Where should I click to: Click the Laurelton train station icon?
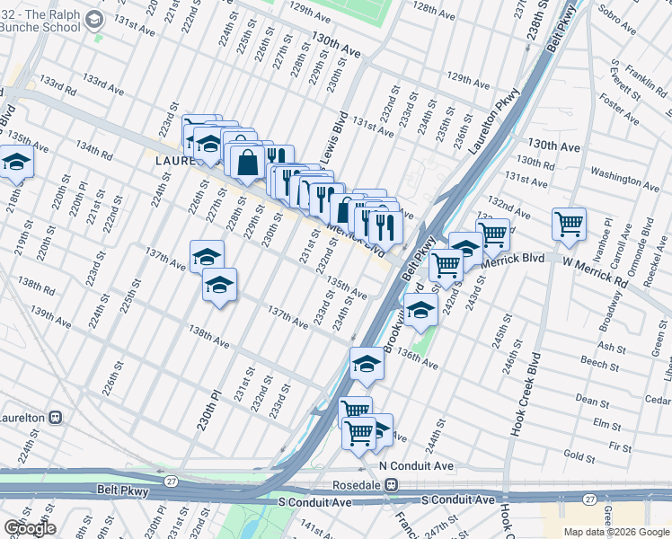coord(55,418)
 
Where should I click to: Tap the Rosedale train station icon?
coord(392,484)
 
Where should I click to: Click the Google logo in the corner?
coord(29,528)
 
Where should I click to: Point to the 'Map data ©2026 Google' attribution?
coord(616,532)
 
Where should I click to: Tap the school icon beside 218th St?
coord(15,163)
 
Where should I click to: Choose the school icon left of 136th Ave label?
coord(367,363)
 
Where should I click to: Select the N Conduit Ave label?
coord(416,466)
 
